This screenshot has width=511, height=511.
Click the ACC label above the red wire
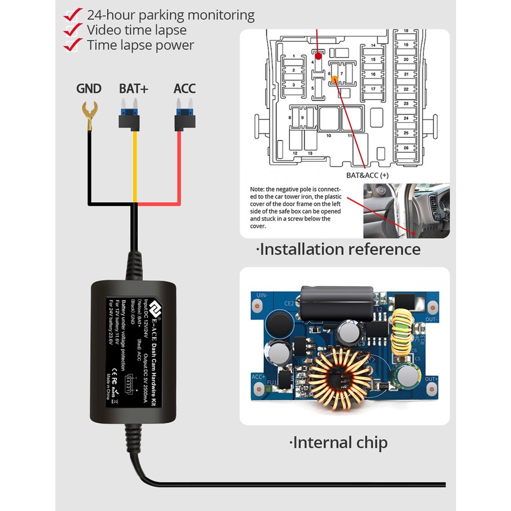click(184, 89)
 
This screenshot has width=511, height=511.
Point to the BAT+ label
click(133, 89)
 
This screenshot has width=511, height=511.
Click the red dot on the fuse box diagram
click(318, 56)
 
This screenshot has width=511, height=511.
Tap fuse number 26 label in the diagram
click(406, 147)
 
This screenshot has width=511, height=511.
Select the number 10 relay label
click(329, 136)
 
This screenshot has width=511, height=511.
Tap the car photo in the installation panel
click(406, 211)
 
